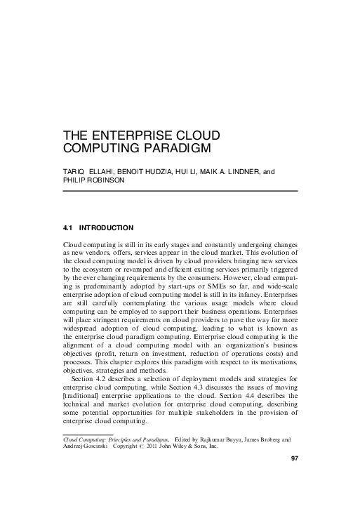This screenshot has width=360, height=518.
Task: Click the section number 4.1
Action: [x=69, y=228]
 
